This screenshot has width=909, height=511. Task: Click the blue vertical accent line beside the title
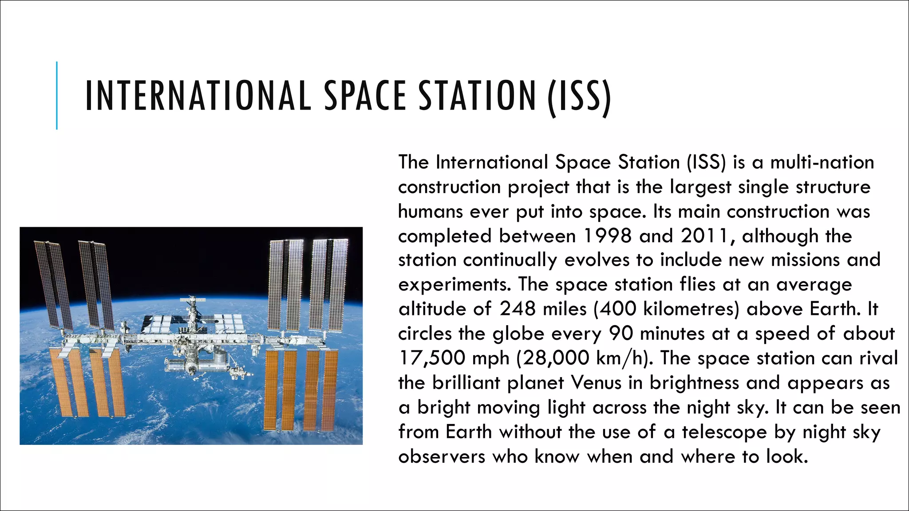click(57, 95)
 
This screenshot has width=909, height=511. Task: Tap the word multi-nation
click(822, 162)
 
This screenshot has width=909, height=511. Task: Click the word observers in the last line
click(442, 456)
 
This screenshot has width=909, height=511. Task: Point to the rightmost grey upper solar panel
click(340, 284)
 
